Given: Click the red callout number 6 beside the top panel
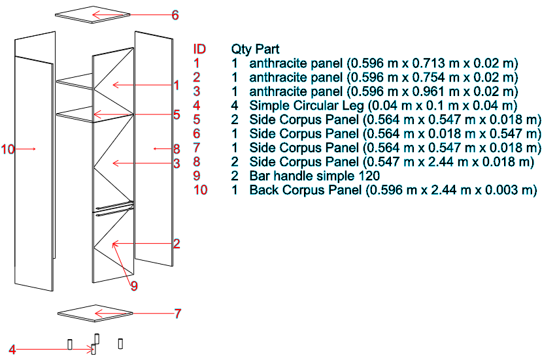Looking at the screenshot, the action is click(x=175, y=15).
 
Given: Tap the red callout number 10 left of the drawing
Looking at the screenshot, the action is click(x=7, y=149).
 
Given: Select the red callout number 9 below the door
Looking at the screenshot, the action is click(x=134, y=286).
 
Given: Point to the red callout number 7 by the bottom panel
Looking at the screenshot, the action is click(x=178, y=314).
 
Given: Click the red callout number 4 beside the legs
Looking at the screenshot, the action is click(x=12, y=350).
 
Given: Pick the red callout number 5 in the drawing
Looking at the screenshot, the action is click(x=177, y=115).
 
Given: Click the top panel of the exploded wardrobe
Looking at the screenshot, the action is click(x=93, y=14).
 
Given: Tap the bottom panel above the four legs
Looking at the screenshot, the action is click(x=95, y=313).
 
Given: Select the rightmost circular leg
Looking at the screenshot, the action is click(x=120, y=344).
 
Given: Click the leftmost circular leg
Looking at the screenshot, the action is click(x=70, y=344).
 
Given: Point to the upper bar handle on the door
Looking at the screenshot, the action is click(x=114, y=206).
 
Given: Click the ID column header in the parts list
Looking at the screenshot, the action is click(x=199, y=49).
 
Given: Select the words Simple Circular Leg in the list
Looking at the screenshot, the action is click(x=307, y=105).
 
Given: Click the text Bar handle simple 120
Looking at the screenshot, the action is click(x=314, y=176).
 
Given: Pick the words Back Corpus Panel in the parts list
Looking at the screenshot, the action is click(x=305, y=190).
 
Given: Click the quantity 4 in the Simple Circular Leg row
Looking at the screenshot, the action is click(x=235, y=105).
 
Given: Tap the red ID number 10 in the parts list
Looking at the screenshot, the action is click(x=200, y=190).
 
